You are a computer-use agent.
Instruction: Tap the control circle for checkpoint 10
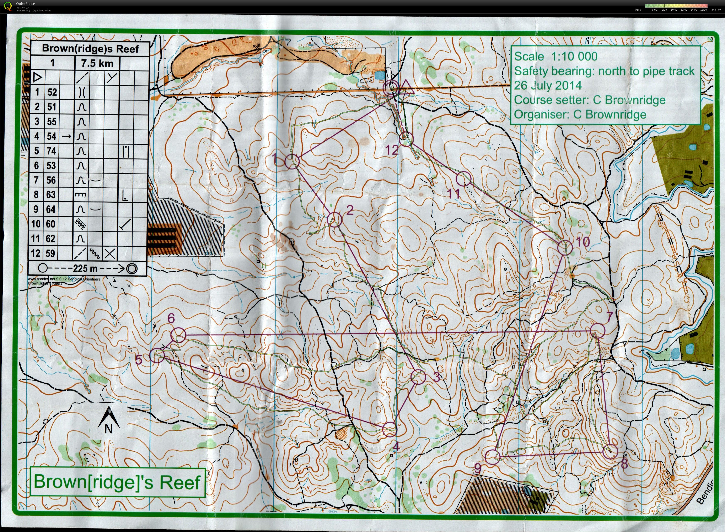565,248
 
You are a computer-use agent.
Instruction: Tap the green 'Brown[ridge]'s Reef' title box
117,482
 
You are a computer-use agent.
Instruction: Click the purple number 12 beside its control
392,150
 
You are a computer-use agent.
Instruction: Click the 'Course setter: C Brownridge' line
590,100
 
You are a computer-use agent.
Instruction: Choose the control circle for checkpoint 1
292,161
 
